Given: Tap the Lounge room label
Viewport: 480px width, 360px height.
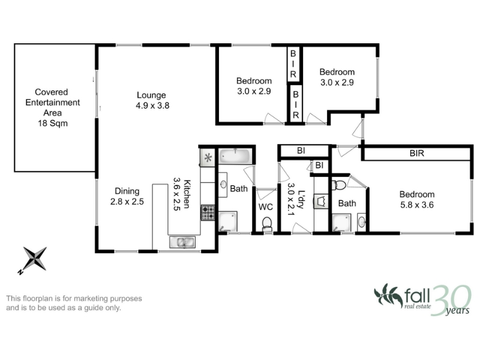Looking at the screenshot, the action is [151, 95].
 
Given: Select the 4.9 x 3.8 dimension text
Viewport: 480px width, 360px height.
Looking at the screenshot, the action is [152, 106].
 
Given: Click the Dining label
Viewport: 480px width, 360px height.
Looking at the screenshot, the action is [127, 191].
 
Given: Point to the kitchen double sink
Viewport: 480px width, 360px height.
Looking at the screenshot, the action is [182, 242].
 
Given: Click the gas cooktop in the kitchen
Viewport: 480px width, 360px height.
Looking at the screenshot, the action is [208, 213].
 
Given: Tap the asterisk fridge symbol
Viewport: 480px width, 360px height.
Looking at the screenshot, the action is [208, 158].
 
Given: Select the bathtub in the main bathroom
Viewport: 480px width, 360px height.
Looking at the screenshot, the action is [235, 156].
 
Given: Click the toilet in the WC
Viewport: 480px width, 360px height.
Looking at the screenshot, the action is [267, 224].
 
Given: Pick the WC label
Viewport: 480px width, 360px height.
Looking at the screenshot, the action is [265, 207].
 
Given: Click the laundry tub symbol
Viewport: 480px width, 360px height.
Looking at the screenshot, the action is [321, 202].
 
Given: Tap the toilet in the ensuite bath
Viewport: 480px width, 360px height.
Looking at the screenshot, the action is [339, 185].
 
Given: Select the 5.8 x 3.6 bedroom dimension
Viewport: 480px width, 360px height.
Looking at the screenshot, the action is [417, 205].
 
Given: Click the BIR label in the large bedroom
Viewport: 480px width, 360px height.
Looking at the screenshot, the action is [417, 153].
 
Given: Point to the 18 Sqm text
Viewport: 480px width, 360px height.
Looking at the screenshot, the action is [53, 124].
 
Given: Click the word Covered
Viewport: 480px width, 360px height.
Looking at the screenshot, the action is [52, 92].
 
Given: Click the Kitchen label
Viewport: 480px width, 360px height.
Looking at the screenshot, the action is [187, 194].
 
